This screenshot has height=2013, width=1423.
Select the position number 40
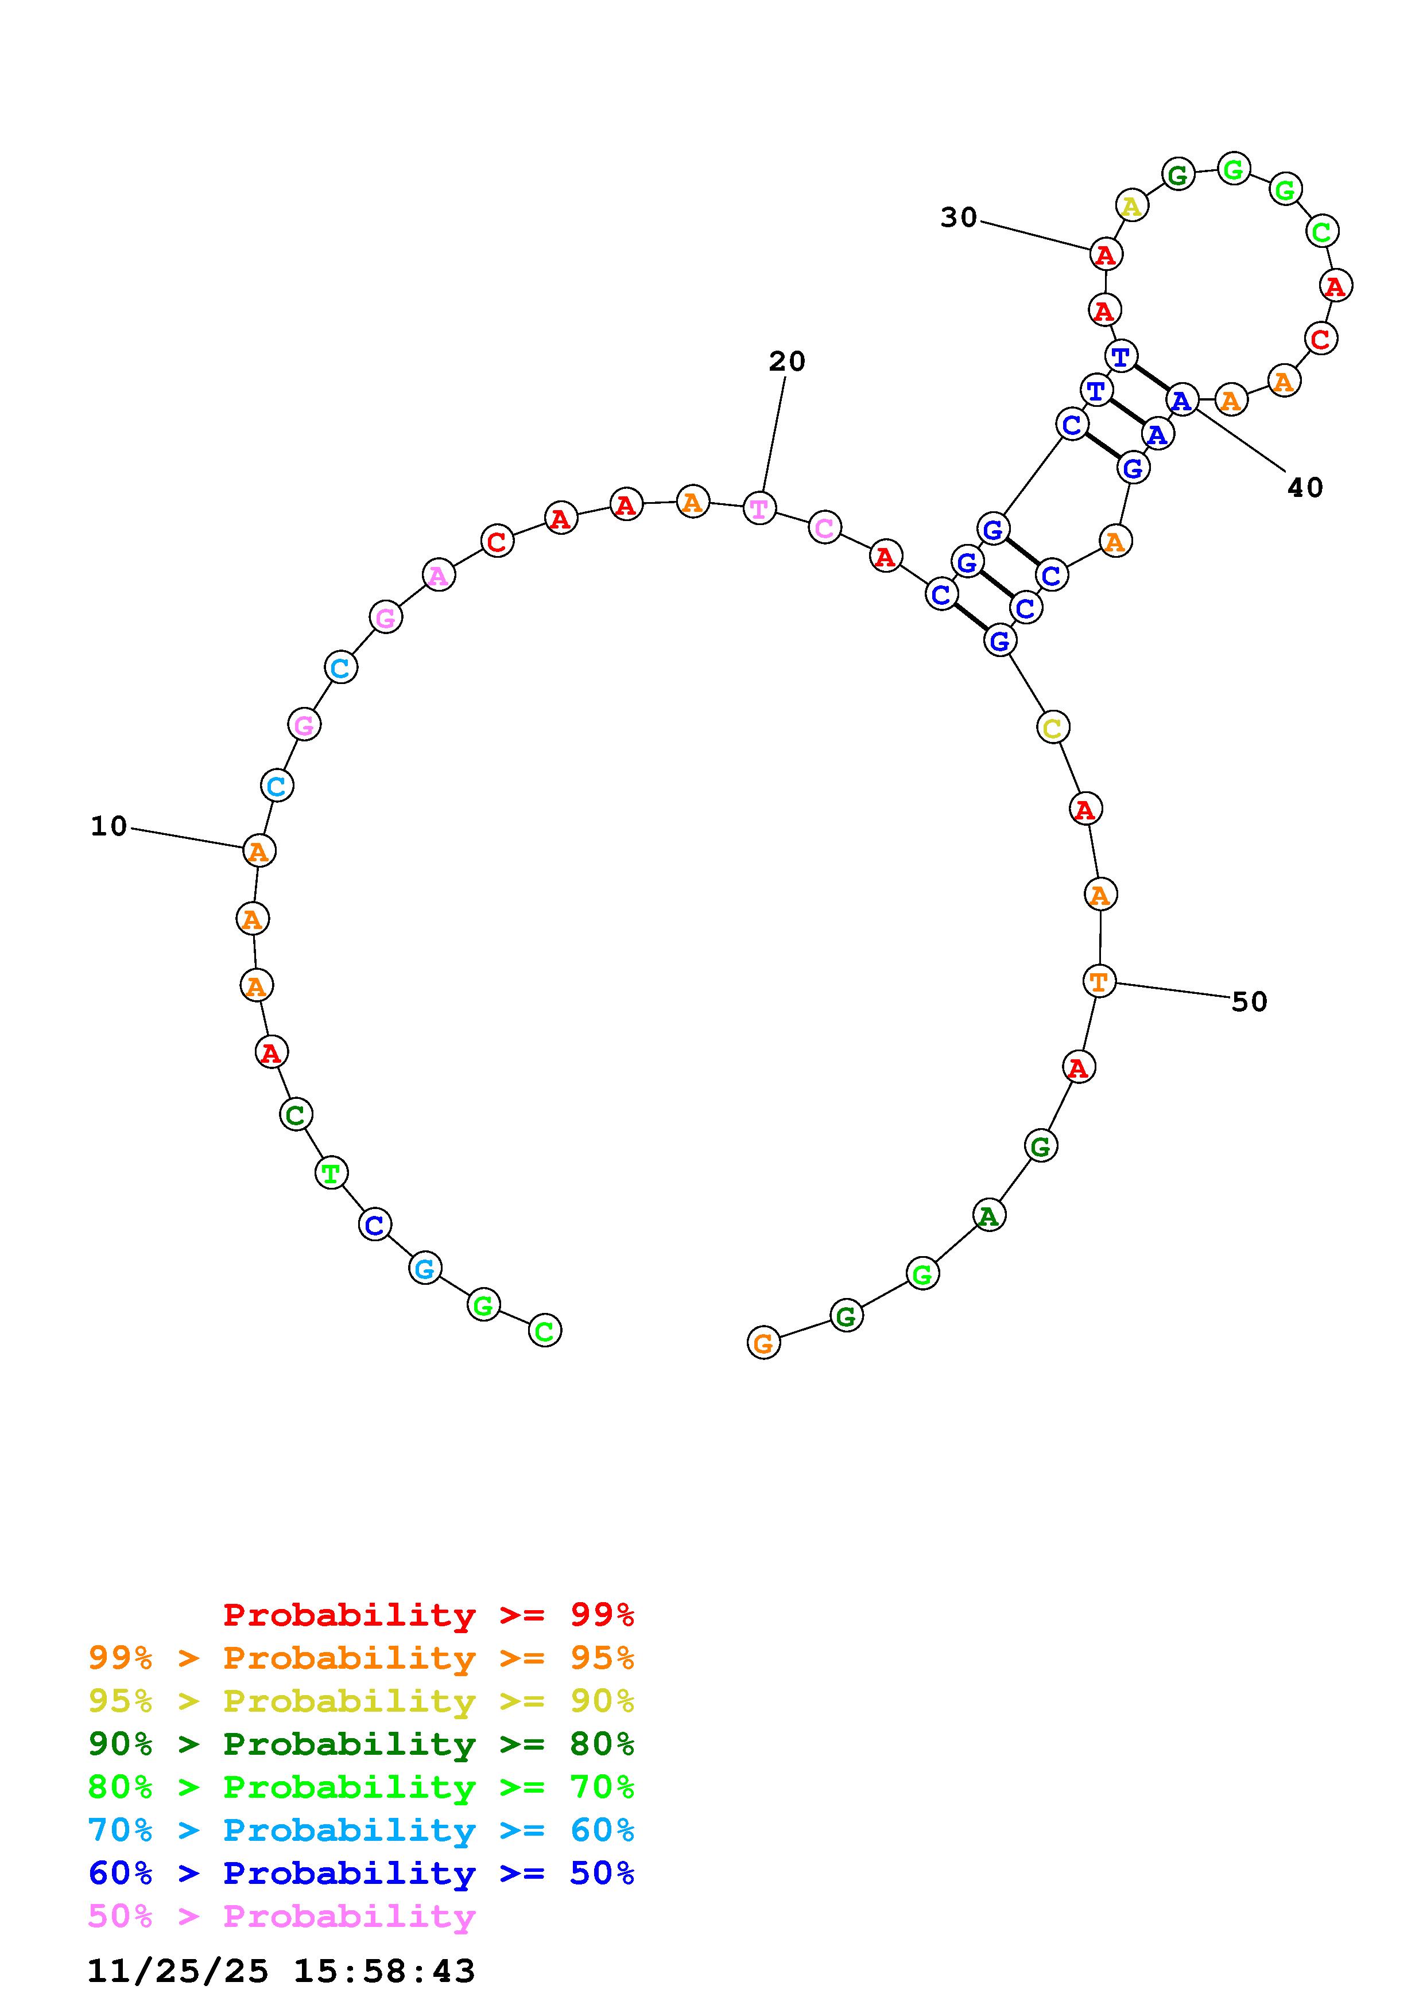tap(1305, 487)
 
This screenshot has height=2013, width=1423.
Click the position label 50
tap(1250, 1001)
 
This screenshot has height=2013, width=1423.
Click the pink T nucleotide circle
tap(759, 508)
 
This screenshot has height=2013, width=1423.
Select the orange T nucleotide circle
tap(1099, 980)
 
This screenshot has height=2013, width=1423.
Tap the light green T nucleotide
tap(331, 1172)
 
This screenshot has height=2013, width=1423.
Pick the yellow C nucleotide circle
tap(1053, 727)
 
